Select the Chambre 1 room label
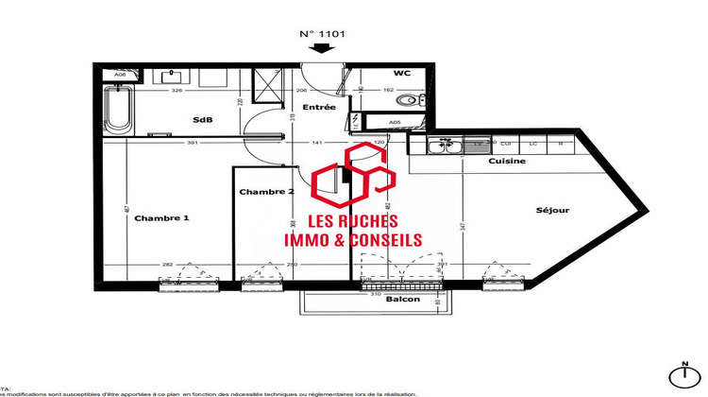(162, 217)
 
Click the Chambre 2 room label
(266, 192)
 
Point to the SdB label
(202, 120)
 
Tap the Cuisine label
(507, 162)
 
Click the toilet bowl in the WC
(410, 100)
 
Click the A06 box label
(120, 75)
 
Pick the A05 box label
(396, 123)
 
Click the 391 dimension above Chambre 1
(192, 144)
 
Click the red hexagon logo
(353, 177)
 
